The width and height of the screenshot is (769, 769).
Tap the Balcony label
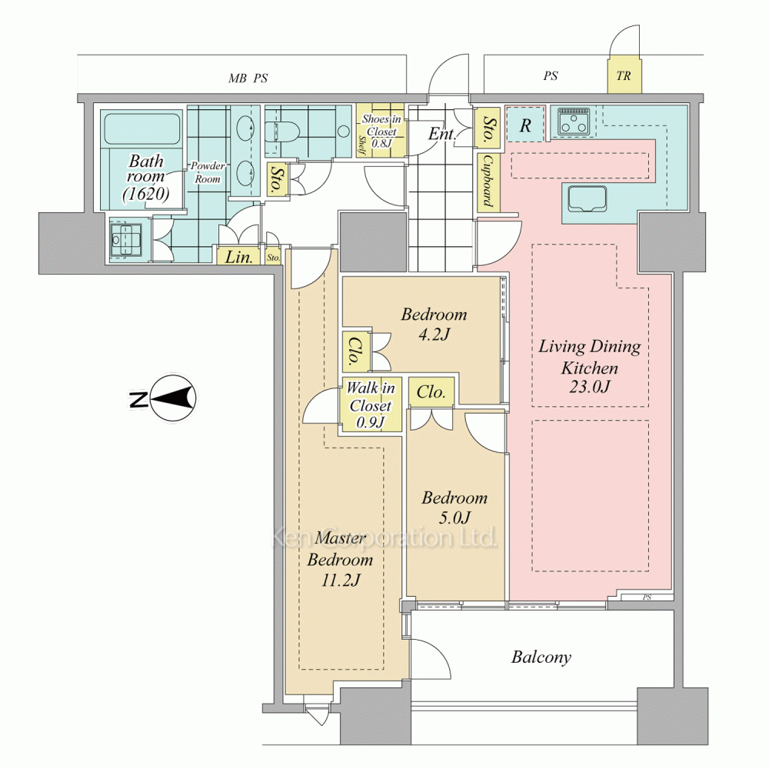(541, 657)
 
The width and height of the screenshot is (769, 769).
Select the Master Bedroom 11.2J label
(341, 559)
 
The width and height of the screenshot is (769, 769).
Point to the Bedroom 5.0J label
(454, 508)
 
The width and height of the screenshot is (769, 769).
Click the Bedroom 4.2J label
(434, 325)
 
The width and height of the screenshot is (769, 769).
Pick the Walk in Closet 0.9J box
(371, 404)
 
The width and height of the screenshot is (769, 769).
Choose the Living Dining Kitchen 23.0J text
(590, 367)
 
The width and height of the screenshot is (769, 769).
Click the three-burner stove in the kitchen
(572, 122)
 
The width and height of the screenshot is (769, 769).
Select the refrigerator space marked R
(525, 125)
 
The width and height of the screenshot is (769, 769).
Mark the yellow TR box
(624, 76)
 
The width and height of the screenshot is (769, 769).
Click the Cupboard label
(488, 182)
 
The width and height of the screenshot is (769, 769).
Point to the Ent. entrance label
(442, 133)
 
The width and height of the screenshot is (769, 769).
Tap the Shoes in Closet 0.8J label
(381, 131)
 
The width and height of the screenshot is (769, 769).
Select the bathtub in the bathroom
(141, 128)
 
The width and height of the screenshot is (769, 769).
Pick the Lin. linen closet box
(239, 256)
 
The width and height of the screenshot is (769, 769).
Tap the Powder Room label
(208, 172)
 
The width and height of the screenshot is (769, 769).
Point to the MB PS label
(248, 78)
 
